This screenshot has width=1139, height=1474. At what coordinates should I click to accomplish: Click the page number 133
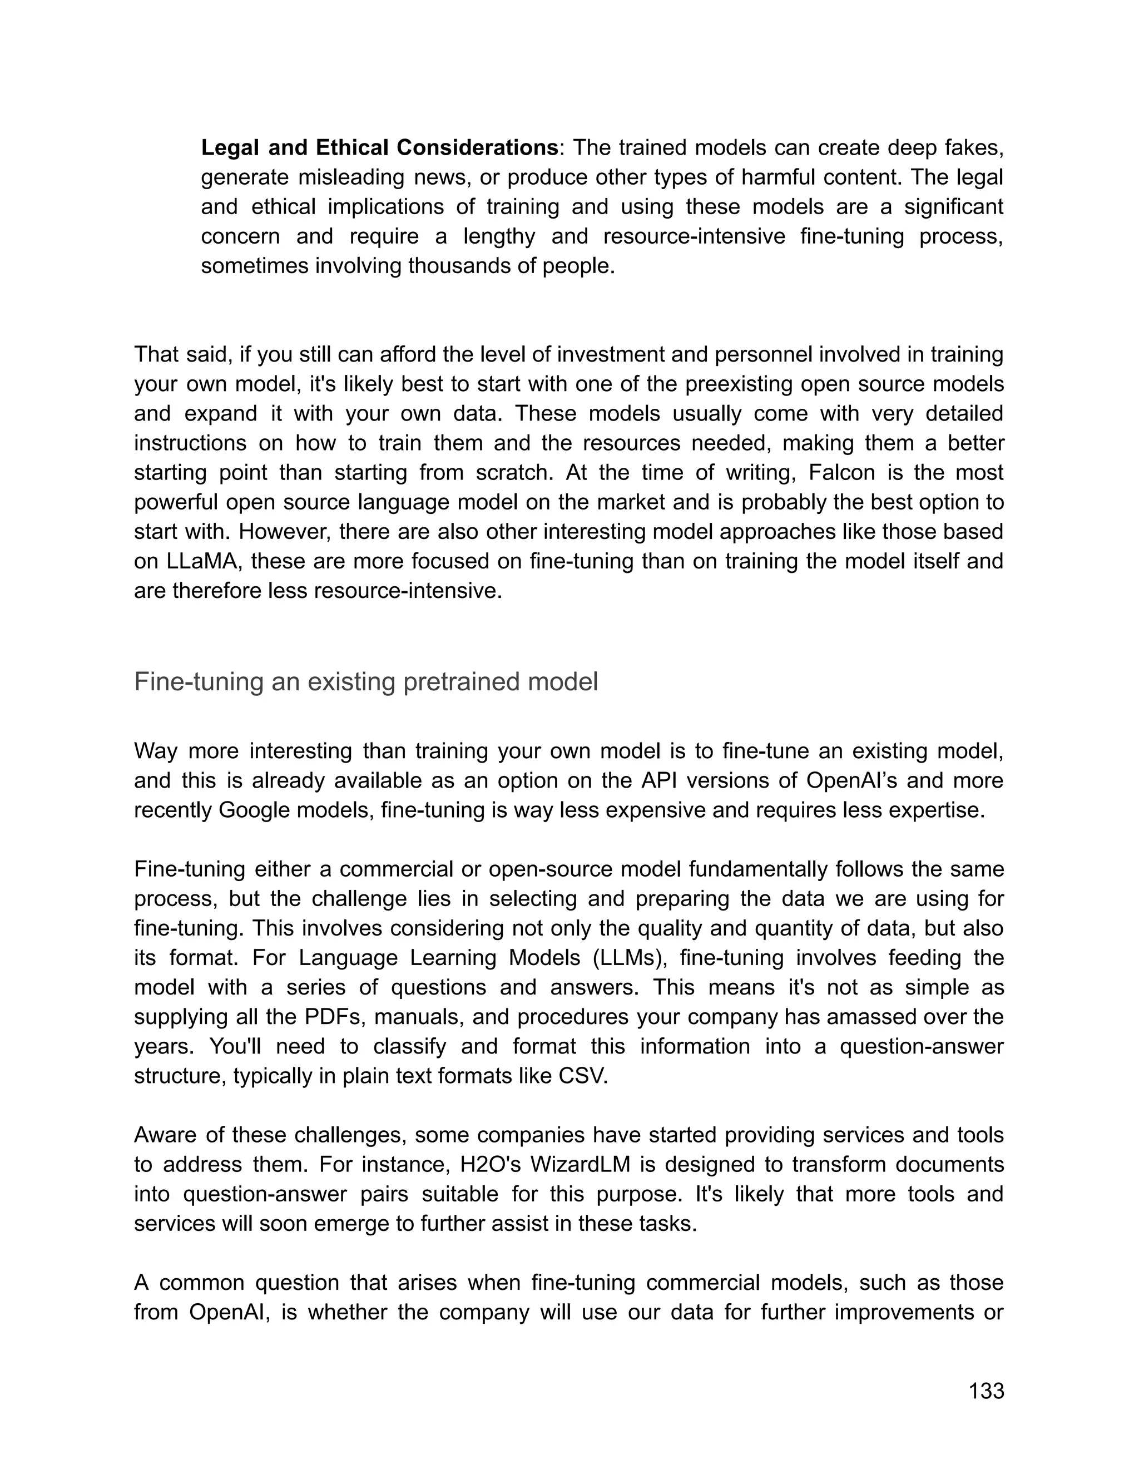click(x=986, y=1391)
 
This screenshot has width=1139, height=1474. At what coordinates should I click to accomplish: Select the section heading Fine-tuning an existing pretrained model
click(x=366, y=682)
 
